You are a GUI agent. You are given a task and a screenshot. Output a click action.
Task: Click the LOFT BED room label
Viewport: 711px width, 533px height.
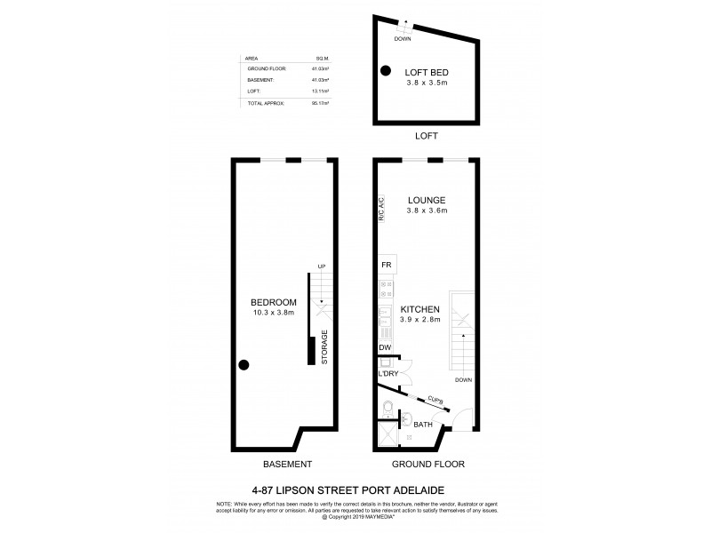[424, 74]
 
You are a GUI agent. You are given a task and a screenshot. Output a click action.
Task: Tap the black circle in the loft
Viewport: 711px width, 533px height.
[385, 71]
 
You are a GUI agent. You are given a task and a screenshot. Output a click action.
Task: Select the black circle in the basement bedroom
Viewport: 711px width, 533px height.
[243, 363]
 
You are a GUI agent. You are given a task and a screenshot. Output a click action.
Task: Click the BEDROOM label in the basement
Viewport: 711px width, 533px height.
[274, 303]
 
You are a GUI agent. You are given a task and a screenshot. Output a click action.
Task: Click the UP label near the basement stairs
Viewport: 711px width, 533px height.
[324, 266]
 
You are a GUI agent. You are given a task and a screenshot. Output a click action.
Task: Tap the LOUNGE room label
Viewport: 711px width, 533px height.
[427, 200]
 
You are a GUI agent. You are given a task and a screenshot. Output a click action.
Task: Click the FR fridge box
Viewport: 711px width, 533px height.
[387, 265]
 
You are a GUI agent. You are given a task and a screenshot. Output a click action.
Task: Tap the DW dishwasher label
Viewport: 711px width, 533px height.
[385, 347]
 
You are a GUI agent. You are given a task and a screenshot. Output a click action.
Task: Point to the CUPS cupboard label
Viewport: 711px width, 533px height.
[435, 402]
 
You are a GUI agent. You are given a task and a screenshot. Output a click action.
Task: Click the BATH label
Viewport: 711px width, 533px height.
[423, 426]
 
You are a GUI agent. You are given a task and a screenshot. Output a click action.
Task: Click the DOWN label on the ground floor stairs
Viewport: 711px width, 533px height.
[462, 380]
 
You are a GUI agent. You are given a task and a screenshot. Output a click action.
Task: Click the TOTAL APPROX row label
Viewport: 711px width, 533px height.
[266, 103]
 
